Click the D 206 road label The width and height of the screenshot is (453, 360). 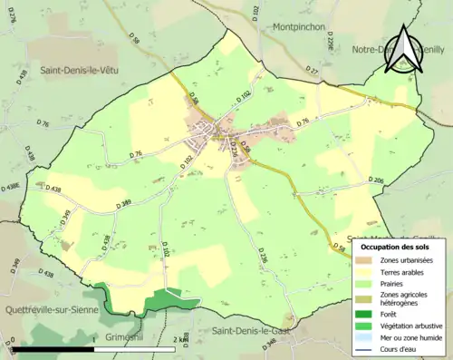379,181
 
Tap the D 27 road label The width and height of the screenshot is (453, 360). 313,69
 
